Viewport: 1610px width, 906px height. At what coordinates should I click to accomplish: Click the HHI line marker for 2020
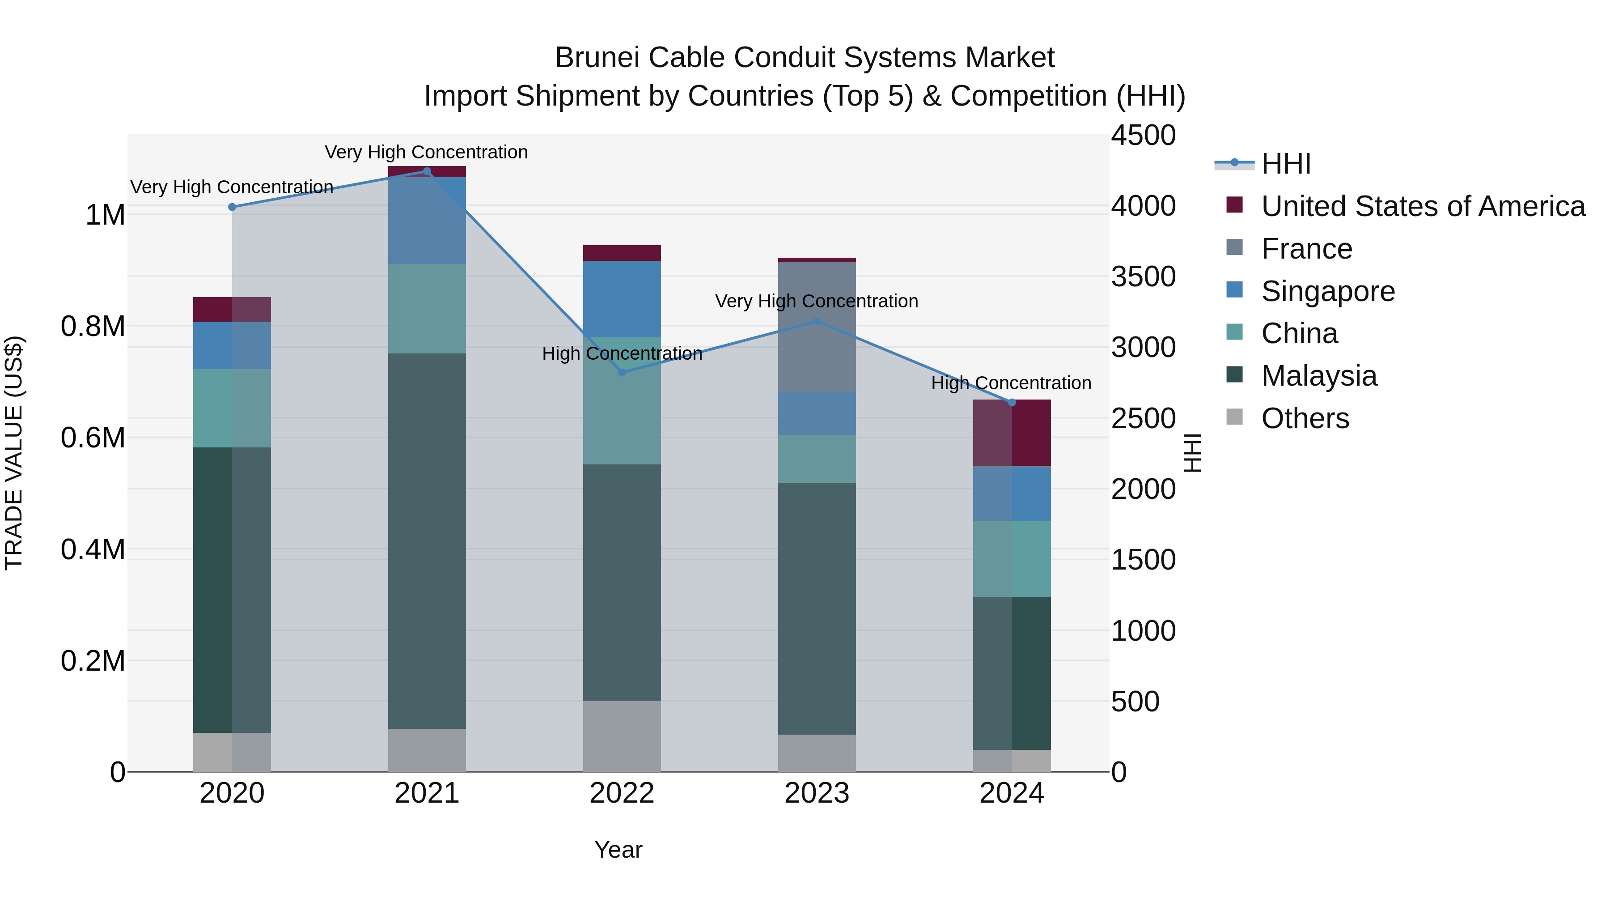232,207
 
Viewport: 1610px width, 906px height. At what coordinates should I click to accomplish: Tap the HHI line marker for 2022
622,373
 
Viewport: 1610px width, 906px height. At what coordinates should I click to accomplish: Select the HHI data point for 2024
1012,403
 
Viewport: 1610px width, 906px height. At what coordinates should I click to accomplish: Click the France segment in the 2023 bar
817,327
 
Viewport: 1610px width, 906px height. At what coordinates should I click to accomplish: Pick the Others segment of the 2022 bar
622,736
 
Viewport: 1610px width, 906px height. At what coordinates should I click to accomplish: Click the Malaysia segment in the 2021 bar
427,541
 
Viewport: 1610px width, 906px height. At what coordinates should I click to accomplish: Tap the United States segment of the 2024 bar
1012,433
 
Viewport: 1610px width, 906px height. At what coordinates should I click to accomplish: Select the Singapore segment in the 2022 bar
622,299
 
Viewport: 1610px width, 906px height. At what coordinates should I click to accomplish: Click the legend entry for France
1306,249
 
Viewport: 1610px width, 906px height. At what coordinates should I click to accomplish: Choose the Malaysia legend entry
1319,376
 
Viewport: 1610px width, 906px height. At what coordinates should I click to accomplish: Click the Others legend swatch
1234,417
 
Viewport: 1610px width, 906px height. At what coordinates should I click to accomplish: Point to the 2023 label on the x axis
817,793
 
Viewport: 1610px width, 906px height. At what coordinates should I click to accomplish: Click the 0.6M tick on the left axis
93,438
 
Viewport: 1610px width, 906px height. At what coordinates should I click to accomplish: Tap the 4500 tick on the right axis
1143,135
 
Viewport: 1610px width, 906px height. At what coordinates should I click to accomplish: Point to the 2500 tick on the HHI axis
1143,418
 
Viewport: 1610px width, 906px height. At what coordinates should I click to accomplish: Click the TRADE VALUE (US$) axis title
14,453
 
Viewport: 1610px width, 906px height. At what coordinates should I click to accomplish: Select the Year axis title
618,850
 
